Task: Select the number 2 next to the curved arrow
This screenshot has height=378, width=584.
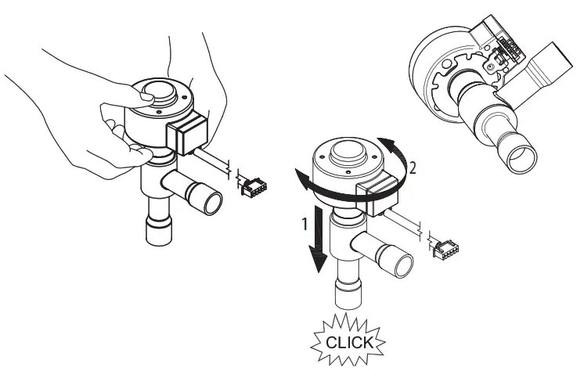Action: pyautogui.click(x=413, y=166)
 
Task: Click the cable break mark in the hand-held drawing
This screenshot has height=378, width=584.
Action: pyautogui.click(x=229, y=167)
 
